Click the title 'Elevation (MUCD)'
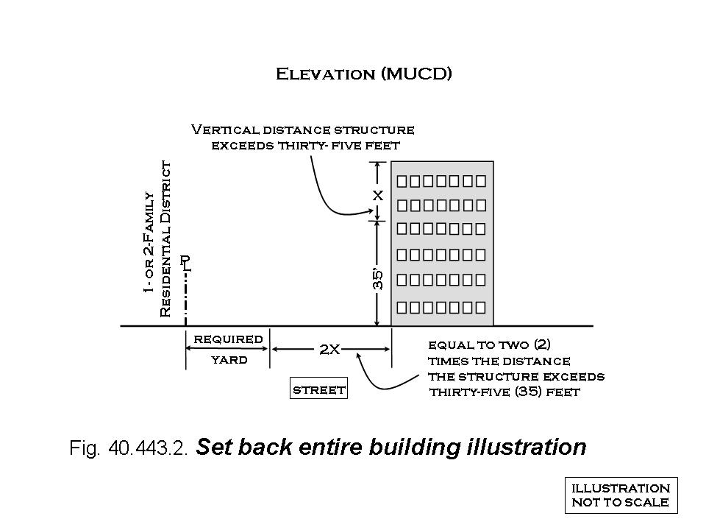click(363, 74)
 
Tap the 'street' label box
click(319, 389)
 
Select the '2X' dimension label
click(329, 350)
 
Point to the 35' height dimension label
click(377, 278)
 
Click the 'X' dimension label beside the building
click(377, 196)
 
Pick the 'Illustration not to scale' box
click(621, 495)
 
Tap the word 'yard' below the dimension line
click(229, 360)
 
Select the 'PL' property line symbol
click(185, 264)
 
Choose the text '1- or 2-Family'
click(149, 243)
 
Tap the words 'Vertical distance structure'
click(302, 130)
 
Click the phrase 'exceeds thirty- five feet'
click(305, 145)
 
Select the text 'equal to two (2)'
click(489, 344)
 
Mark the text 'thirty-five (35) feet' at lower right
click(504, 392)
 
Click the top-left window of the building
click(403, 180)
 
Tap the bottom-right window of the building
click(479, 305)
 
